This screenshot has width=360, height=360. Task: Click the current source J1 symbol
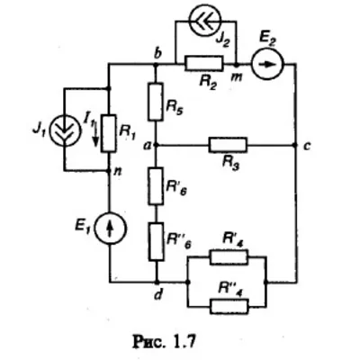pyautogui.click(x=65, y=131)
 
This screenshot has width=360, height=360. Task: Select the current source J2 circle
pyautogui.click(x=206, y=20)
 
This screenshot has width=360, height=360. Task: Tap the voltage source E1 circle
pyautogui.click(x=111, y=228)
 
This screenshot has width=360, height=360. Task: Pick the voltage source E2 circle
pyautogui.click(x=268, y=64)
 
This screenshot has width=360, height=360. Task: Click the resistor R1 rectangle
pyautogui.click(x=109, y=133)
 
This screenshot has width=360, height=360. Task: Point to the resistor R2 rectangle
pyautogui.click(x=204, y=63)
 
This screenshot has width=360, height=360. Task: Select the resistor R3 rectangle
pyautogui.click(x=229, y=145)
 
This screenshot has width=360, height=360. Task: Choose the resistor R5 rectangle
pyautogui.click(x=156, y=103)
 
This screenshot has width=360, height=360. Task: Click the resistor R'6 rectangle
pyautogui.click(x=157, y=186)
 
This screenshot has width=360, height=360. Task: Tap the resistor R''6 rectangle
pyautogui.click(x=157, y=241)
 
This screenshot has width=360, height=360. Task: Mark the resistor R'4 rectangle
pyautogui.click(x=229, y=256)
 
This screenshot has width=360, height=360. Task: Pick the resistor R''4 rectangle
pyautogui.click(x=229, y=306)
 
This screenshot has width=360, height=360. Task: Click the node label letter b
pyautogui.click(x=158, y=53)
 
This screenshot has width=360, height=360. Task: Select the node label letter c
pyautogui.click(x=306, y=147)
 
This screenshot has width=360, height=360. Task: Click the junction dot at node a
pyautogui.click(x=156, y=145)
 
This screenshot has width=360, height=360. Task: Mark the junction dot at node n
pyautogui.click(x=109, y=171)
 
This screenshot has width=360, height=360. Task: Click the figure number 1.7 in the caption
pyautogui.click(x=184, y=342)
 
